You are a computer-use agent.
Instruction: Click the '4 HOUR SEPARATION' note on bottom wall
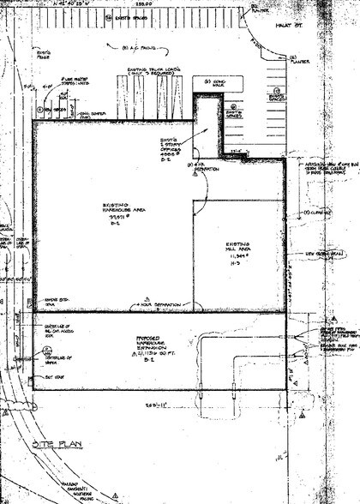[x=159, y=305]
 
